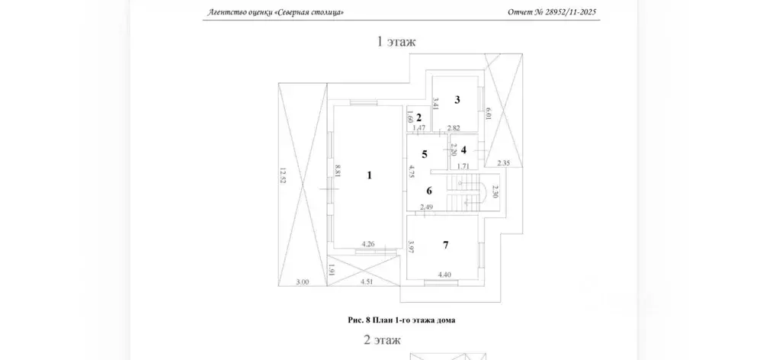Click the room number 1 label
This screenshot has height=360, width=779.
[369, 175]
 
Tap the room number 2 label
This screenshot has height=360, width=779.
[418, 118]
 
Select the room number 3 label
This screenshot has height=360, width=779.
[457, 99]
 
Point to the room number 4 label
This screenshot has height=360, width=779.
[463, 149]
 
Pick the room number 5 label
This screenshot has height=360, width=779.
[425, 154]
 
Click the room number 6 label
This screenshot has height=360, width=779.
[429, 190]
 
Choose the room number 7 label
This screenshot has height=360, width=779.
[446, 245]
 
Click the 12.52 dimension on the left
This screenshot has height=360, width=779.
[284, 175]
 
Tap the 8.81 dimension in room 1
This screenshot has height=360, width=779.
[338, 172]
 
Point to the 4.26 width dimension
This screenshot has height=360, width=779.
[368, 243]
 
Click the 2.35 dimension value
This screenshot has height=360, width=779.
[505, 162]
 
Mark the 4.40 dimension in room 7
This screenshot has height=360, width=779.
[444, 274]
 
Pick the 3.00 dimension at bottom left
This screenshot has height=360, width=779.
[303, 282]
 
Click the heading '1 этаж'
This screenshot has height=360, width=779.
[396, 42]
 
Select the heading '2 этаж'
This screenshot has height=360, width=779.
[382, 341]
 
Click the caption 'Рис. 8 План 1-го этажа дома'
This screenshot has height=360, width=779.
[402, 320]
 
